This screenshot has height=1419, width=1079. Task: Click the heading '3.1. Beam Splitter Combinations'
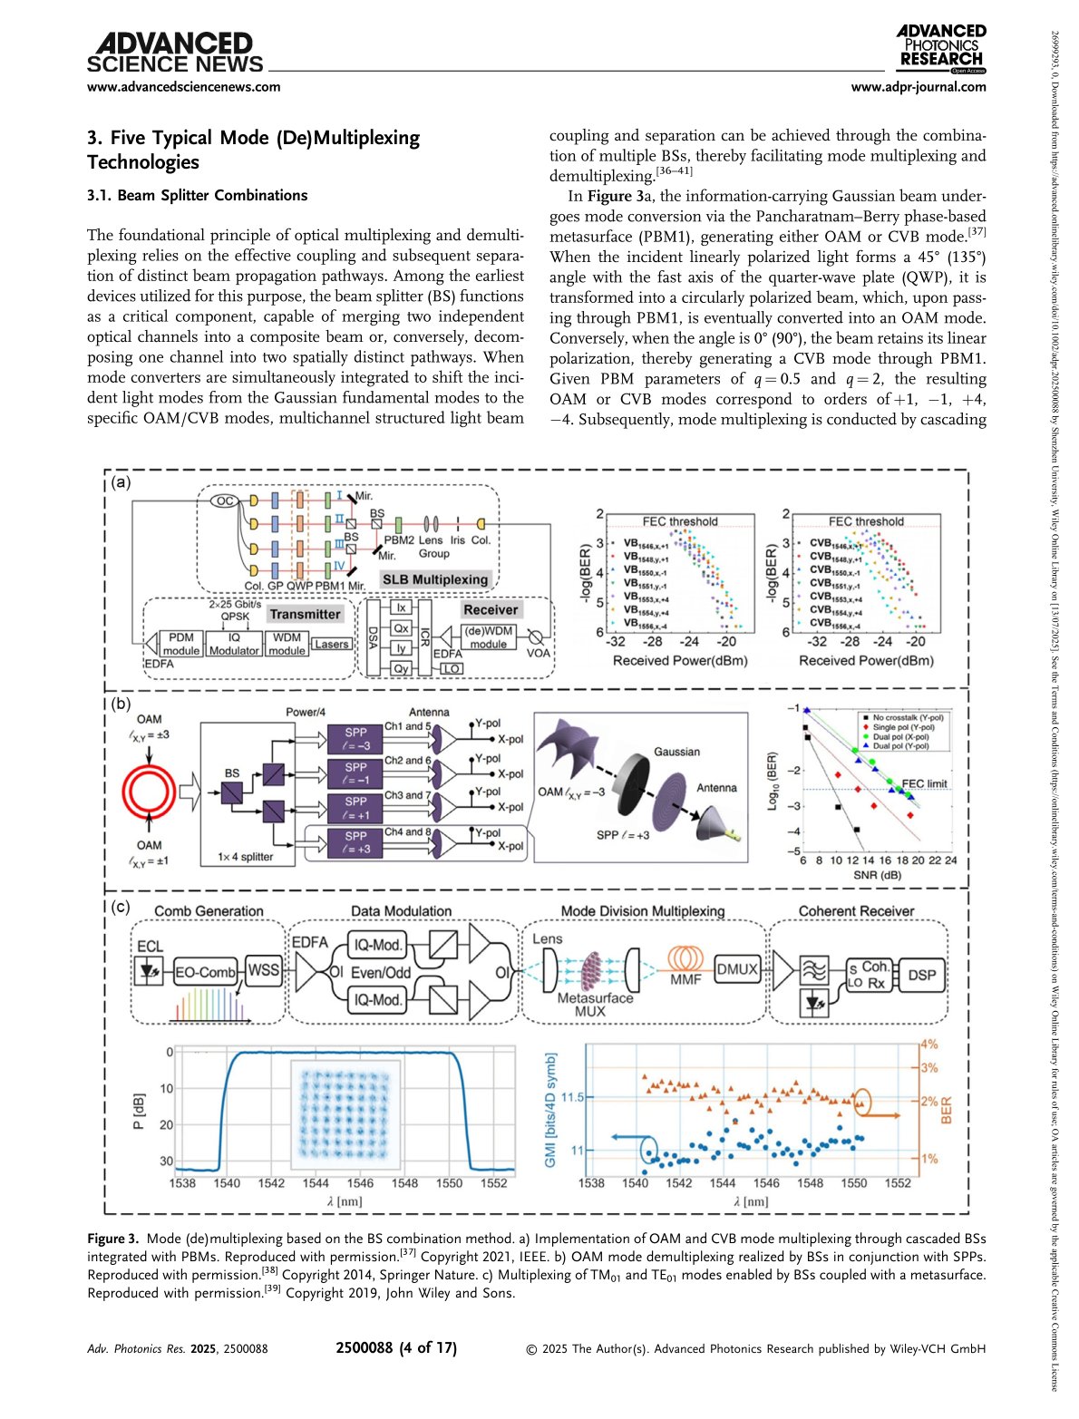(x=197, y=195)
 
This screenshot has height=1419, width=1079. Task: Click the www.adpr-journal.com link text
(x=919, y=87)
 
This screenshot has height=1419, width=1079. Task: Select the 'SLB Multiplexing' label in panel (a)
(x=434, y=579)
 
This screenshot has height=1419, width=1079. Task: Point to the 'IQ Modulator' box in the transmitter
(x=234, y=644)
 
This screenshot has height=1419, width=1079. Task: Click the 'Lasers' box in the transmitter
(x=331, y=644)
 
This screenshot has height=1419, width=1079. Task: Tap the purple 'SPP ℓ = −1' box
(x=356, y=773)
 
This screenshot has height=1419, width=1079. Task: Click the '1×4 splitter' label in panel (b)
(x=245, y=857)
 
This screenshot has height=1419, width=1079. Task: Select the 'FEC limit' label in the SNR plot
(x=924, y=783)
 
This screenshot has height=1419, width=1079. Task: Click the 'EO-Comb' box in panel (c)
(x=205, y=972)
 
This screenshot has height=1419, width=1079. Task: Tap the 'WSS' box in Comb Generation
(x=264, y=970)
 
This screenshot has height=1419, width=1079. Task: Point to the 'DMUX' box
(x=737, y=968)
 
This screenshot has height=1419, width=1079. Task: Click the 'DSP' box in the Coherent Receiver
(x=922, y=975)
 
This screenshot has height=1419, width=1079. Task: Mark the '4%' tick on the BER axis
(x=928, y=1045)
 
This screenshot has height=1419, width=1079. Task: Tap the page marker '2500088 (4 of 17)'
(x=396, y=1348)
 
